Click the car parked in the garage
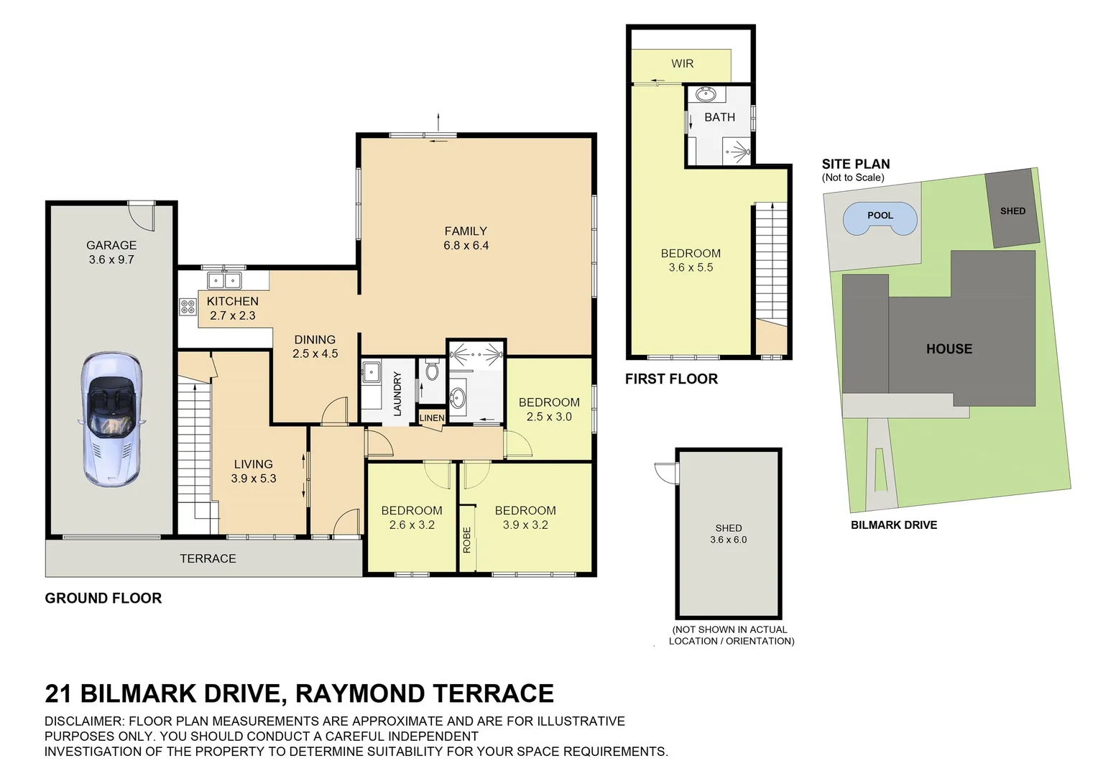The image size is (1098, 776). pos(111,419)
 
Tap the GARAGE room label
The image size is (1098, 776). pos(111,246)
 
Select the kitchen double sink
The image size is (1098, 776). pos(225,280)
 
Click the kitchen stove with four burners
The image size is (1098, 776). pos(188,308)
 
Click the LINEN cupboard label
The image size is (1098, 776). pos(432,418)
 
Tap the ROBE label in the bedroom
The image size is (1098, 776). pos(467,540)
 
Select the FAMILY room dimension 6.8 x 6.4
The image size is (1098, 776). pos(466,246)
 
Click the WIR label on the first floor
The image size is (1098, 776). pos(682,64)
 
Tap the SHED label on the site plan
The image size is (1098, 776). pos(1012,211)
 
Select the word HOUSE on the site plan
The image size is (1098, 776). pos(949,349)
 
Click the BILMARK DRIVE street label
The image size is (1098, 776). pos(894,525)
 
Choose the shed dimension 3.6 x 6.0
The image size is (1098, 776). pos(728,540)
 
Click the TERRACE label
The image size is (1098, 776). pos(208,559)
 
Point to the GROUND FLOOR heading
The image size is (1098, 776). pos(103,599)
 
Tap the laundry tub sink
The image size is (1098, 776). pos(371,371)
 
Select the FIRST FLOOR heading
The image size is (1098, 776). pos(671,379)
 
